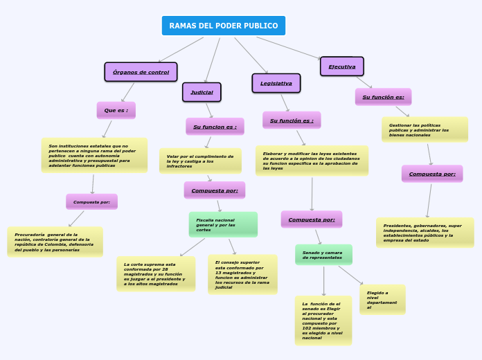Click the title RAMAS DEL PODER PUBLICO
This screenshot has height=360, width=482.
(223, 26)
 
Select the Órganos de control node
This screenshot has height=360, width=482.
(141, 72)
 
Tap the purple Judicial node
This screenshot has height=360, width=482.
(202, 92)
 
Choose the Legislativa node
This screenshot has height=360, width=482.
(276, 83)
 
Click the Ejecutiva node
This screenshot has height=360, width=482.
(341, 66)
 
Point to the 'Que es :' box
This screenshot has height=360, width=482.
(116, 110)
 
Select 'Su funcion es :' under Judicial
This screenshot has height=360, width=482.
(215, 127)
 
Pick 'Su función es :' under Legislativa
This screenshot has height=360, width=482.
(292, 120)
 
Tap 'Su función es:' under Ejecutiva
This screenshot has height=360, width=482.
(383, 97)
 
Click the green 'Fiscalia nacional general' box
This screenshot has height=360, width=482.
(222, 224)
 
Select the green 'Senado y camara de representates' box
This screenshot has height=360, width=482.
(323, 255)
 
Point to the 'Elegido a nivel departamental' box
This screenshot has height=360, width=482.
(382, 300)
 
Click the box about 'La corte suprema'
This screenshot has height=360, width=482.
(156, 274)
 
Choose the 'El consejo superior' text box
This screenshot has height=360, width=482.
(242, 274)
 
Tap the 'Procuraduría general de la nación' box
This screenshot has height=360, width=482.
(55, 242)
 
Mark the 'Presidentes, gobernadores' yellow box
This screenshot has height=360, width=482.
(425, 233)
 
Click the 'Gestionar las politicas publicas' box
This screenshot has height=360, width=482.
(425, 129)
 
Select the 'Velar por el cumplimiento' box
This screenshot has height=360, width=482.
(200, 161)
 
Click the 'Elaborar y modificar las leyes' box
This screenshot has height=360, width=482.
(312, 161)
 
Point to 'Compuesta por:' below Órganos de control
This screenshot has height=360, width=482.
(91, 201)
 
